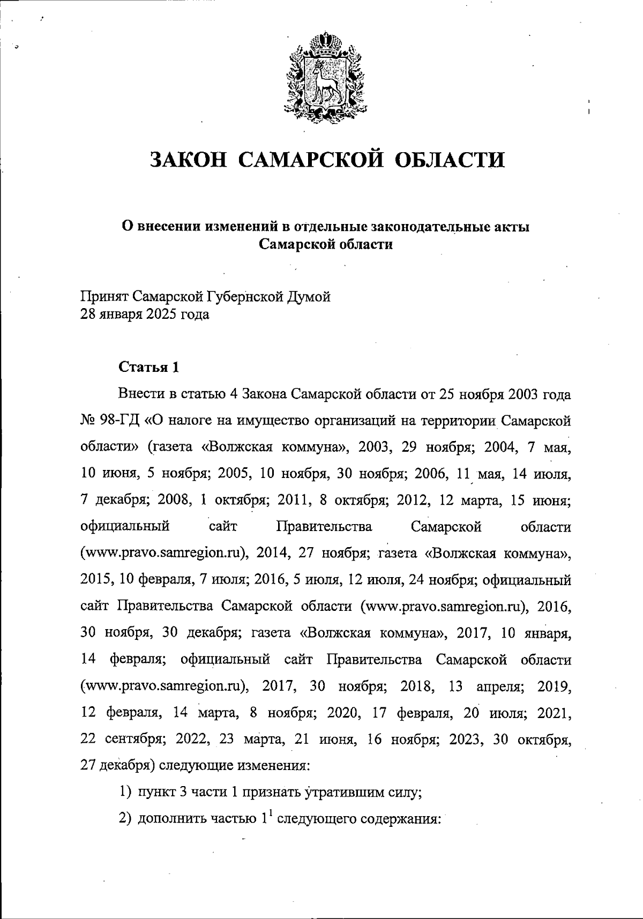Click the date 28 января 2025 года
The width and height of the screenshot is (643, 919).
(x=145, y=314)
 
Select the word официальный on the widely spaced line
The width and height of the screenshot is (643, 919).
(x=125, y=527)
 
